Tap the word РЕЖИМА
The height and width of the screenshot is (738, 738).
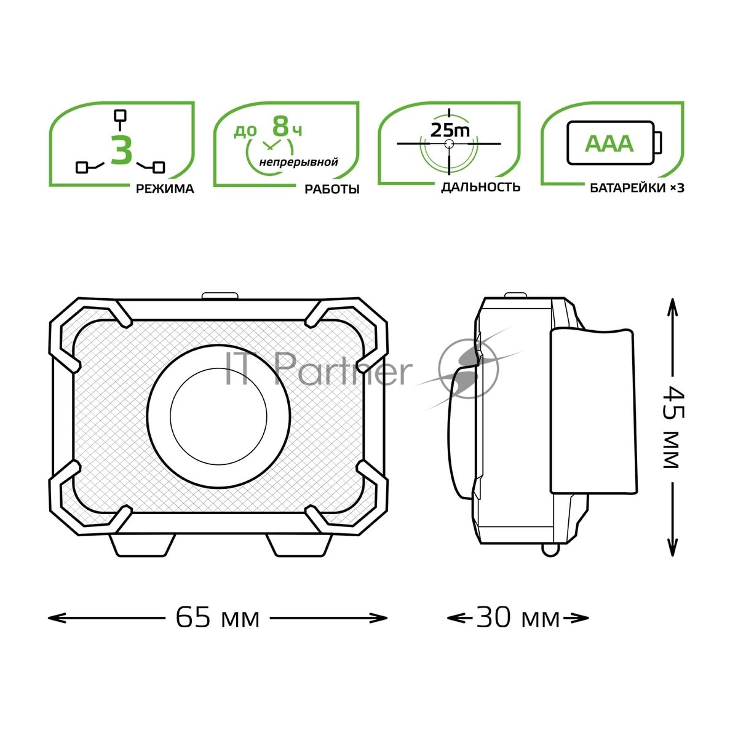(x=165, y=189)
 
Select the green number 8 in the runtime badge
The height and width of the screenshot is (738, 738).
(x=280, y=126)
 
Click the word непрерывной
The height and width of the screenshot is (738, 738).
(x=299, y=162)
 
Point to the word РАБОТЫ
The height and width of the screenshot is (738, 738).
(x=331, y=189)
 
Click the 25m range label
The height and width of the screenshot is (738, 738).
(x=450, y=130)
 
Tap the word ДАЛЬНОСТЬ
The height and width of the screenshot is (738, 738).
(x=481, y=187)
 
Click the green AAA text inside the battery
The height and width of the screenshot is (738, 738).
(x=609, y=144)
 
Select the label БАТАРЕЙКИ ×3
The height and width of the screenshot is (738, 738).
(x=637, y=188)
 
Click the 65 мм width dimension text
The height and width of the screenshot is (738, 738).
(x=218, y=617)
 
